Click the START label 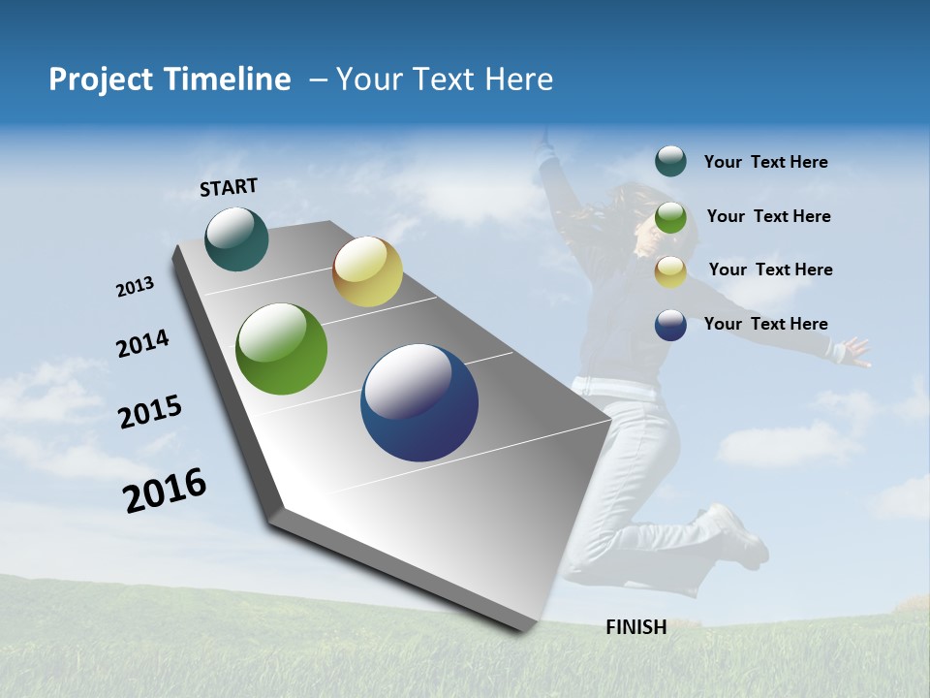229,187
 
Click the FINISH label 635,627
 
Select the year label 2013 136,287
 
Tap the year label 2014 142,343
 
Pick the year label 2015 150,412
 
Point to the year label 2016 165,491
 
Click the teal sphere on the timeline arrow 237,239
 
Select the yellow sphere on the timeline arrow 367,271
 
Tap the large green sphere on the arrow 282,349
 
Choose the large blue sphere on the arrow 419,402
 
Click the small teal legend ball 670,161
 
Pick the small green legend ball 670,217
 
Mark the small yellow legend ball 670,270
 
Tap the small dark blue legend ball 670,325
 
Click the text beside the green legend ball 768,216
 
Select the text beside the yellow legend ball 770,270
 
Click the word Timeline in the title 218,79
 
